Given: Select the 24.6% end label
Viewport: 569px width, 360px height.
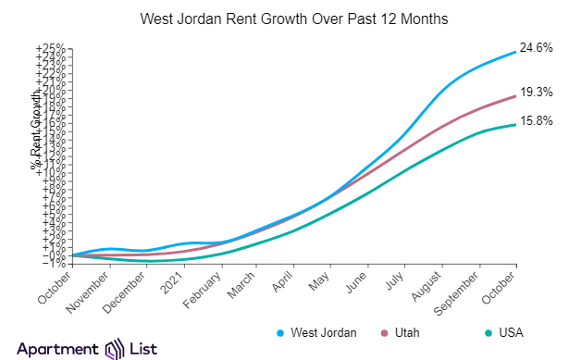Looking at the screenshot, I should click(536, 47).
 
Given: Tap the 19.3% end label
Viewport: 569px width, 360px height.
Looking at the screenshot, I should click(536, 92).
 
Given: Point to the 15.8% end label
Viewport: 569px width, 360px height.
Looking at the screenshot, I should click(536, 120).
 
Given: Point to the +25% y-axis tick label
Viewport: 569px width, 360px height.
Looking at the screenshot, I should click(50, 48).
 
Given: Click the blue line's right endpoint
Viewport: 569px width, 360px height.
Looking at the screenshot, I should click(515, 52).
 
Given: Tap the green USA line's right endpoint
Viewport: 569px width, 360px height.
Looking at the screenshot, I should click(515, 124).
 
